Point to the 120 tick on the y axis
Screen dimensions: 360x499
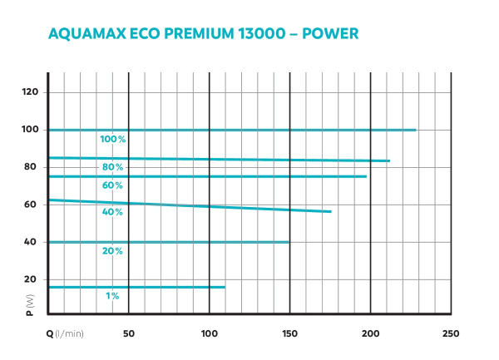pyautogui.click(x=31, y=91)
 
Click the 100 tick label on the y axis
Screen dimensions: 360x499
pyautogui.click(x=31, y=130)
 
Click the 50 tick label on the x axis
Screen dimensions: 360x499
pyautogui.click(x=129, y=333)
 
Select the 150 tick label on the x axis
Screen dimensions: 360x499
pyautogui.click(x=289, y=333)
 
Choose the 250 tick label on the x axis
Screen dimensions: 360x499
pyautogui.click(x=450, y=333)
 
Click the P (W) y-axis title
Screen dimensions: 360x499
pyautogui.click(x=31, y=305)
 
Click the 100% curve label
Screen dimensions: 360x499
pyautogui.click(x=112, y=140)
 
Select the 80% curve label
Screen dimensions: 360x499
pyautogui.click(x=113, y=167)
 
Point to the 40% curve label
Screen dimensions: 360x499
pyautogui.click(x=113, y=212)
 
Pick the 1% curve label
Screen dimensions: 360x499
pyautogui.click(x=113, y=296)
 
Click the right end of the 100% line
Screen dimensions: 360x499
pyautogui.click(x=416, y=130)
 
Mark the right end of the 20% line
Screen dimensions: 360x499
pyautogui.click(x=289, y=242)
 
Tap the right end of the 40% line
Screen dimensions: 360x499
pyautogui.click(x=331, y=212)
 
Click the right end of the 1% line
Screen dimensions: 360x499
pyautogui.click(x=225, y=287)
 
